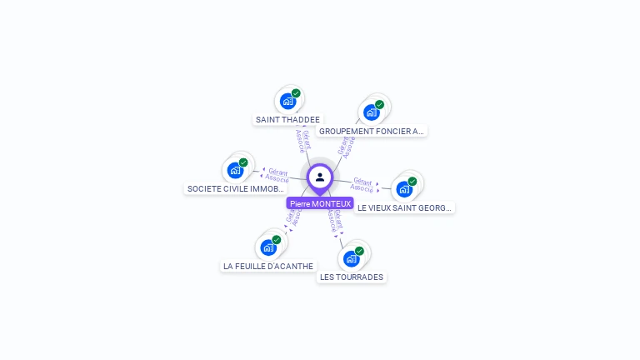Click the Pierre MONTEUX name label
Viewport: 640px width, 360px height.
(x=320, y=203)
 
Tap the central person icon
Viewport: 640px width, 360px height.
(x=320, y=177)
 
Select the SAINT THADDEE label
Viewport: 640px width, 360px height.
(x=287, y=119)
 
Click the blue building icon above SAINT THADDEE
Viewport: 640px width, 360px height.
(x=287, y=102)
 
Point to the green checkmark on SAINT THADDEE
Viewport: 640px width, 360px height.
(x=296, y=93)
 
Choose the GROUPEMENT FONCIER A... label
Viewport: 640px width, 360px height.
(x=371, y=131)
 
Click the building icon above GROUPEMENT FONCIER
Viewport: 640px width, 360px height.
(x=371, y=112)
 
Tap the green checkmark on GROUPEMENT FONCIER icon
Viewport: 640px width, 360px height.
(x=379, y=105)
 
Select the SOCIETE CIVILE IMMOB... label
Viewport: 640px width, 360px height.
(x=236, y=189)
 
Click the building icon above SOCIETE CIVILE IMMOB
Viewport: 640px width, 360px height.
(x=235, y=171)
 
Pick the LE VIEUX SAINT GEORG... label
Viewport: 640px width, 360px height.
(x=404, y=207)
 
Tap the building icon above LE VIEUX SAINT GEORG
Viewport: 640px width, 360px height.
(x=403, y=189)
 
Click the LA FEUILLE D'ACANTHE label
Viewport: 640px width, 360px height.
(x=268, y=266)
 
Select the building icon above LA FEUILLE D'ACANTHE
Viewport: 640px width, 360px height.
(x=267, y=247)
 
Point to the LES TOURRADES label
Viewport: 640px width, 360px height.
(x=352, y=277)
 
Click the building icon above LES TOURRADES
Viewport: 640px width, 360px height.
(x=351, y=258)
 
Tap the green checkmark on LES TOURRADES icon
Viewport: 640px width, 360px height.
(x=359, y=251)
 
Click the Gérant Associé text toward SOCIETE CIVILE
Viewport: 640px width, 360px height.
(x=277, y=175)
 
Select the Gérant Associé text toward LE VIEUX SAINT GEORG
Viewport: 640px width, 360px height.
(x=362, y=184)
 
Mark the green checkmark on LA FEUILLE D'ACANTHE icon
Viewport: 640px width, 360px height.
(x=276, y=240)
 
